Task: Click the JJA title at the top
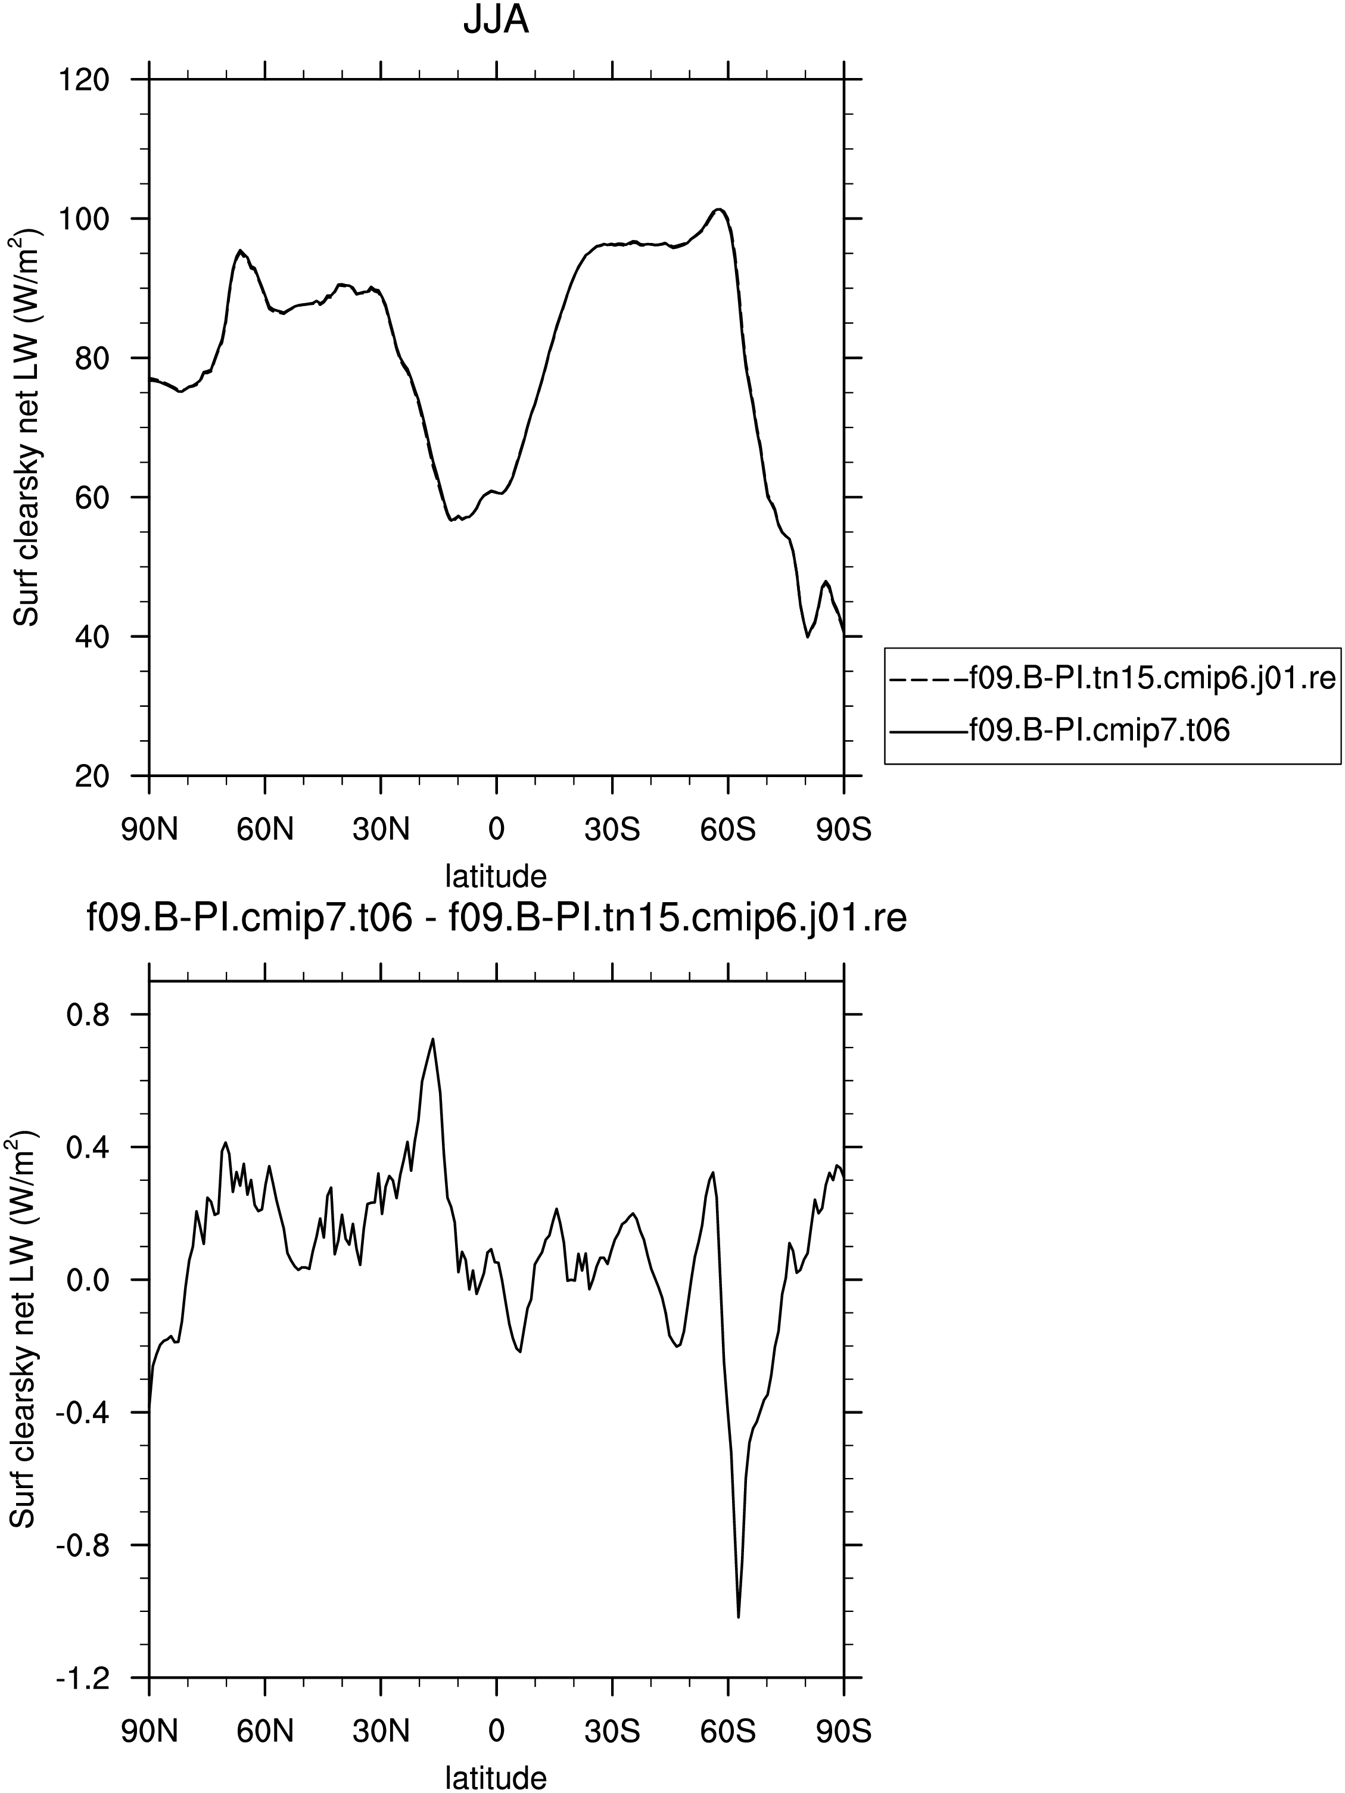pos(496,21)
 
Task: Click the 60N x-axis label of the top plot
pos(265,830)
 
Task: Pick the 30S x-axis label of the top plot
pos(612,830)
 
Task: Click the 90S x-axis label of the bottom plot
pos(844,1732)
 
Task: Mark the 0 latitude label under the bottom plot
pos(496,1732)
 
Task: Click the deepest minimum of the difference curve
pos(739,1617)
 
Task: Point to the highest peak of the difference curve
pos(433,1039)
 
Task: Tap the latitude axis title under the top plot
pos(496,875)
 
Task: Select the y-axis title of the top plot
pos(26,427)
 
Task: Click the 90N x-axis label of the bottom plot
pos(149,1732)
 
